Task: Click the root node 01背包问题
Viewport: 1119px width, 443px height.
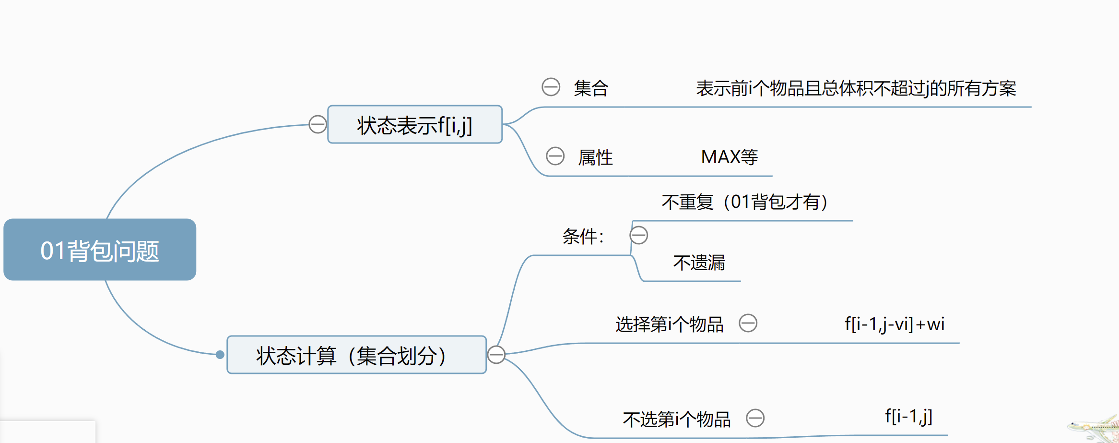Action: coord(100,250)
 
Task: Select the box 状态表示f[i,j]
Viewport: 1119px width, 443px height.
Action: coord(414,125)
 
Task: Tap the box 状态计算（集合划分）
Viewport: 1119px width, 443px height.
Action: coord(356,355)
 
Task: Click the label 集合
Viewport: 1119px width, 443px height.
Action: coord(591,88)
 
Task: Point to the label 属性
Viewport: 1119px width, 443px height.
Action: coord(595,157)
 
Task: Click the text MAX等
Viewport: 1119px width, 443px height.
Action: coord(729,157)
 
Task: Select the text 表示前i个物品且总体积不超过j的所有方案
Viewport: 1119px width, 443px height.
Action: coord(856,88)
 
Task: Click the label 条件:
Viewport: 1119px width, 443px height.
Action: coord(583,236)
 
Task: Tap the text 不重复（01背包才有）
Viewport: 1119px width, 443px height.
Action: coord(745,202)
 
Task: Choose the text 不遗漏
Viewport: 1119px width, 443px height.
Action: coord(699,263)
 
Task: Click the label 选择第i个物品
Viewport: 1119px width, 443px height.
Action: coord(669,324)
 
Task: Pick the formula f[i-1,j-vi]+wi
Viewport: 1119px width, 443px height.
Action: coord(895,324)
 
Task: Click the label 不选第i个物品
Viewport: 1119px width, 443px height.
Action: coord(676,419)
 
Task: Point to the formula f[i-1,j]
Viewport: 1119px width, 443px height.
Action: coord(908,416)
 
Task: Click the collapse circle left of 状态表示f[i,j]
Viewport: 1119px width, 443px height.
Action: coord(318,124)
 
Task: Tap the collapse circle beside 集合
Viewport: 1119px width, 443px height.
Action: coord(551,87)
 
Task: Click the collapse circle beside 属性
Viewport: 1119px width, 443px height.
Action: coord(555,156)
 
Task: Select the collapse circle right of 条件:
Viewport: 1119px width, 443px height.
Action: coord(638,235)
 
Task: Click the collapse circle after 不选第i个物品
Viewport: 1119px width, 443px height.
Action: coord(755,418)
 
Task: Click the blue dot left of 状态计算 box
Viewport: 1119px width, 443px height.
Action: coord(220,355)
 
